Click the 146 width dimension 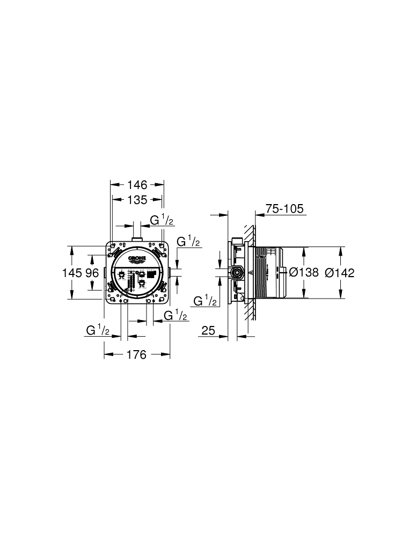(137, 185)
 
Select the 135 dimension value (137, 200)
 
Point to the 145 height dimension (72, 273)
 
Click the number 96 (92, 273)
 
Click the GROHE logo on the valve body (137, 259)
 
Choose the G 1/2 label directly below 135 (160, 220)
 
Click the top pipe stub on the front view (137, 238)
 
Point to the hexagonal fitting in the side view (236, 273)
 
